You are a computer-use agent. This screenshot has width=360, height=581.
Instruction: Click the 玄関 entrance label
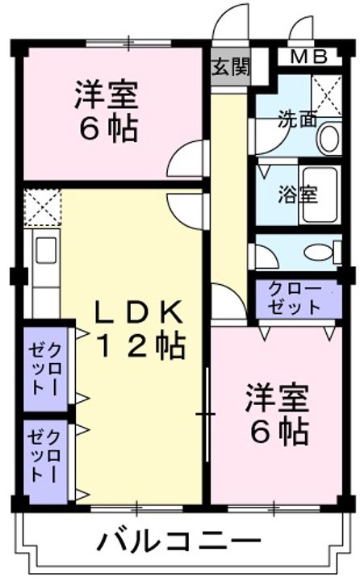point(231,67)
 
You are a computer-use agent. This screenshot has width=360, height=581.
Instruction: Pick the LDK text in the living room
point(141,311)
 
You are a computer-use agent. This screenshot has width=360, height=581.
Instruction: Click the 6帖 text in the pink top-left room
point(106,128)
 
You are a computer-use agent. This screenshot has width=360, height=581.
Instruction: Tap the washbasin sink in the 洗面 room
point(329,137)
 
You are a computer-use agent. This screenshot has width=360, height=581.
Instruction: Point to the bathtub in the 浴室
point(322,196)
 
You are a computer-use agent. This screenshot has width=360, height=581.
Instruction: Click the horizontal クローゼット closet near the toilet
point(295,298)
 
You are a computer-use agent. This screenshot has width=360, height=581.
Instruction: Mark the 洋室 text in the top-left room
point(106,95)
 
